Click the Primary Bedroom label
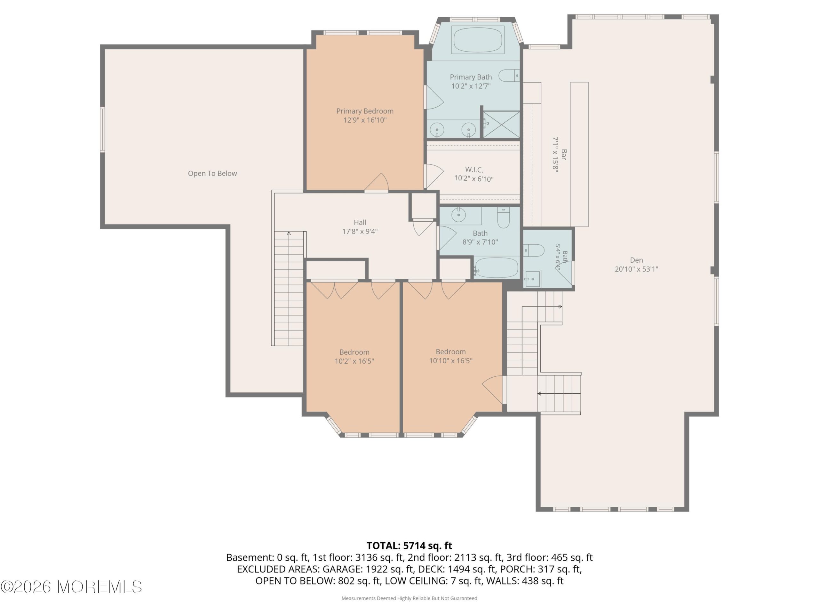point(365,111)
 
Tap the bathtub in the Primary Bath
point(478,39)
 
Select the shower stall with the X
point(501,124)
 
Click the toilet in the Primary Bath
point(509,76)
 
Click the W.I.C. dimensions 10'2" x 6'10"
point(474,179)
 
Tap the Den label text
point(636,260)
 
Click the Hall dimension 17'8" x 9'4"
point(360,231)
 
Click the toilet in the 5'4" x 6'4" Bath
point(534,250)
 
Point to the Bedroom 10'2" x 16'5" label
point(354,356)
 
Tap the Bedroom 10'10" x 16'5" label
point(450,356)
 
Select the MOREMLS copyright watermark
point(71,587)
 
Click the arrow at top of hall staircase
point(289,233)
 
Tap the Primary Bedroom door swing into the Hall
point(377,182)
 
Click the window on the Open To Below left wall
point(103,129)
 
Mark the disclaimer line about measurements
point(409,598)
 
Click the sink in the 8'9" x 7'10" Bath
point(459,215)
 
